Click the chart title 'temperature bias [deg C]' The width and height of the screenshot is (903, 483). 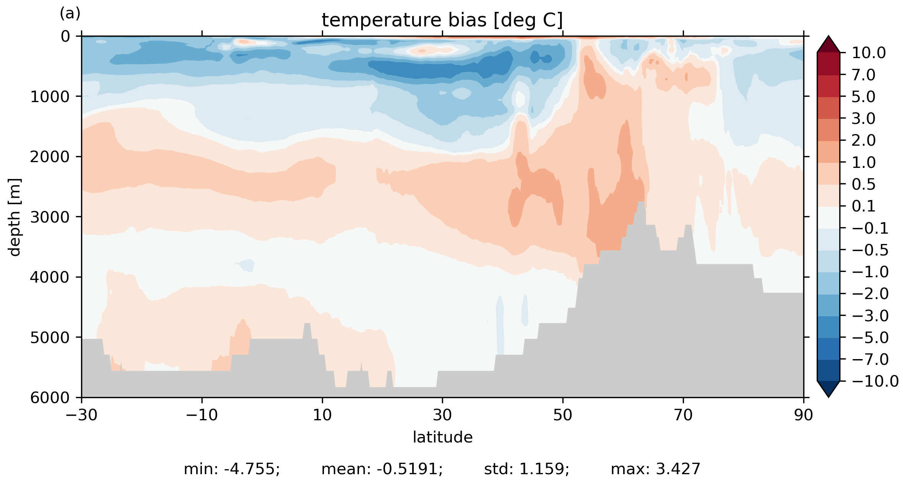tap(442, 20)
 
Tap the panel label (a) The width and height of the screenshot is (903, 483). tap(70, 14)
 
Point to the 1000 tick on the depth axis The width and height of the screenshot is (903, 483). tap(50, 97)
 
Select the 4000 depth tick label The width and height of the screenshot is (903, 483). tap(50, 277)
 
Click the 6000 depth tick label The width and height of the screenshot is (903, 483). tap(50, 398)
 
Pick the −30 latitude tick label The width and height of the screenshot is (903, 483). tap(81, 415)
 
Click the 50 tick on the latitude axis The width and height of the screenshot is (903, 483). tap(563, 415)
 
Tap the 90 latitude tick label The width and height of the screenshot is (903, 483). tap(803, 415)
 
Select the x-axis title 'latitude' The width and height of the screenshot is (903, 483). tap(442, 437)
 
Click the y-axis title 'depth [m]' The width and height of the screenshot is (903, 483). tap(15, 217)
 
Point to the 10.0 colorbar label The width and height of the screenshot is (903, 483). tap(868, 53)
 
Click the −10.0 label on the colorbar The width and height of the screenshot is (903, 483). tap(875, 381)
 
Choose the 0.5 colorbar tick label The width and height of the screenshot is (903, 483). tap(864, 185)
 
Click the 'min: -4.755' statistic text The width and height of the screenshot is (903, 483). tap(232, 469)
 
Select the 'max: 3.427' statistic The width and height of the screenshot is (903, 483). tap(655, 469)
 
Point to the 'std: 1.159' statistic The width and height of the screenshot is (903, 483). tap(526, 469)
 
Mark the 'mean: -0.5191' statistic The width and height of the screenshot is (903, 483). tap(382, 469)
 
